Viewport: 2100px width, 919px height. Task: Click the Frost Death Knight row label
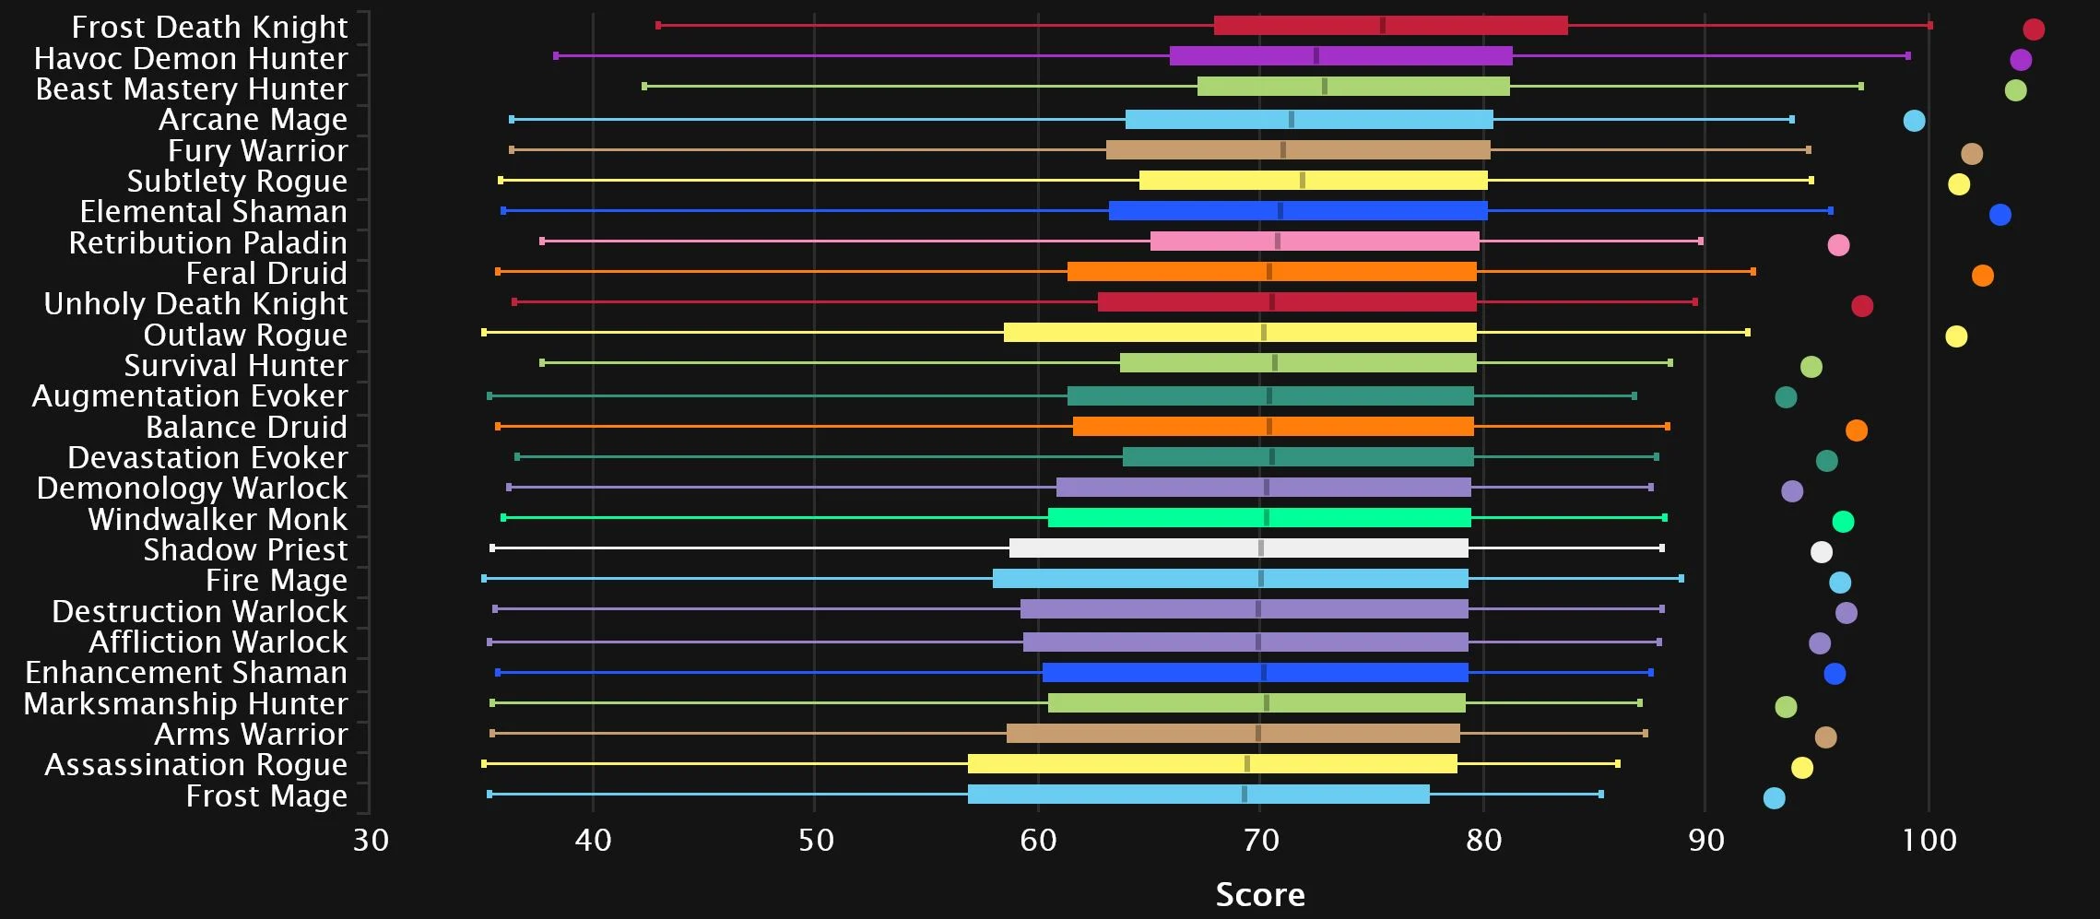(209, 28)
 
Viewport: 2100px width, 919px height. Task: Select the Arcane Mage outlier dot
(1914, 121)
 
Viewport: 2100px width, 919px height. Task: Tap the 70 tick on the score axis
(1260, 840)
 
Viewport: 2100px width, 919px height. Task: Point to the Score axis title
(1260, 894)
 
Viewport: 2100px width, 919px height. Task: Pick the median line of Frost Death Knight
(1382, 26)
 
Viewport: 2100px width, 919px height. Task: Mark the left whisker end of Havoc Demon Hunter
(556, 56)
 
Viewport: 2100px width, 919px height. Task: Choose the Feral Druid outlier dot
(1982, 276)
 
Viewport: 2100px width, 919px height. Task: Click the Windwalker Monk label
(218, 520)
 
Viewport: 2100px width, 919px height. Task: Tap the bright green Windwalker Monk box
(1259, 518)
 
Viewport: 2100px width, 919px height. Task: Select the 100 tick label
(1929, 840)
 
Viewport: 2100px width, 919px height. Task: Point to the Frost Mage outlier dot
(1774, 798)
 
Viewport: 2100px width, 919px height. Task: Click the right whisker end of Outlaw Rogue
(1747, 332)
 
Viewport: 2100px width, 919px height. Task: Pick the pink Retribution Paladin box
(1315, 242)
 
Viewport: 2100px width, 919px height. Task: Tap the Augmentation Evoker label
(190, 396)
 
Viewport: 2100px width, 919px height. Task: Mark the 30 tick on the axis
(371, 840)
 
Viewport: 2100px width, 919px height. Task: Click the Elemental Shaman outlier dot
(2000, 215)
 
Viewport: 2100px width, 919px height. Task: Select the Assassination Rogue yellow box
(1212, 764)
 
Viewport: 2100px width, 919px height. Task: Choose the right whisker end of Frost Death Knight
(1930, 26)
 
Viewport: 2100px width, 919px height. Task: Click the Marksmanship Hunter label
(185, 704)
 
